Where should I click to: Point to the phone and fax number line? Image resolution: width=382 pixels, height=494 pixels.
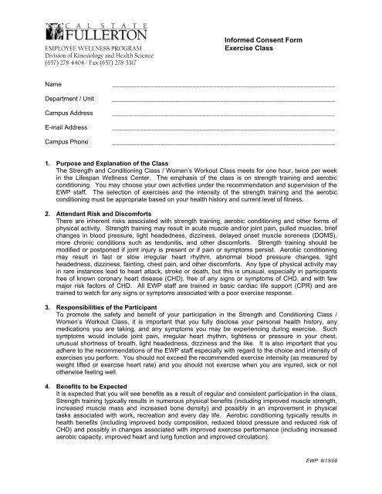(84, 73)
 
